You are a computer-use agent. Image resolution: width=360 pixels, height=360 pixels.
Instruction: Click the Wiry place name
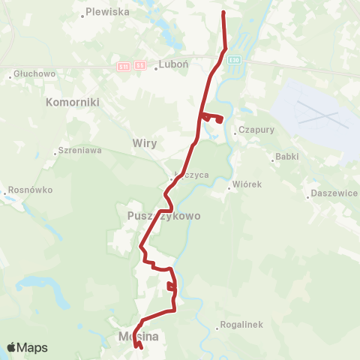point(143,142)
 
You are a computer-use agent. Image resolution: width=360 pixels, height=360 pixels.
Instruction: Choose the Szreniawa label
point(81,150)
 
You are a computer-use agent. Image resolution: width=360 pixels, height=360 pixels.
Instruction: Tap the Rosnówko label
point(31,190)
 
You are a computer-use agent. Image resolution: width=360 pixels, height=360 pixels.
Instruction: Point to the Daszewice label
point(333,193)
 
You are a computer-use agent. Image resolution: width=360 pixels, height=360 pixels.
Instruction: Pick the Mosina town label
point(138,337)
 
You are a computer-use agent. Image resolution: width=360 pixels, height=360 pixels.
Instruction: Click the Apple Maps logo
point(27,347)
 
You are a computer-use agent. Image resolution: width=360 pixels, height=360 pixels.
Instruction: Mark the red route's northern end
point(223,13)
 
